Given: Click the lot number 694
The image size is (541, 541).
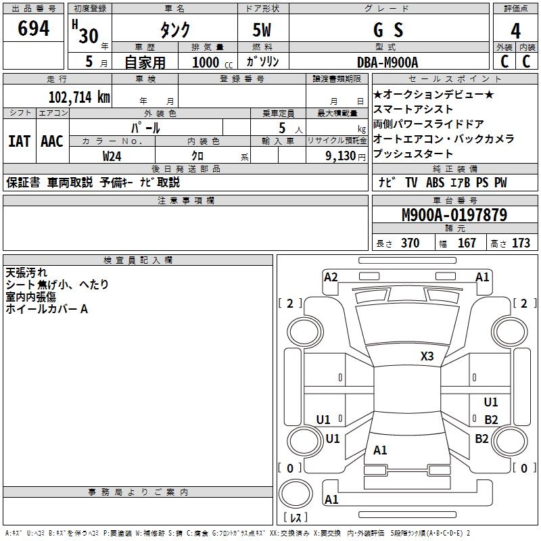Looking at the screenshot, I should click(34, 29).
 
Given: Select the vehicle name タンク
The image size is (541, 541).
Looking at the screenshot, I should click(174, 30).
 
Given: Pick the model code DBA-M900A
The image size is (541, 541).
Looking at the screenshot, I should click(387, 62).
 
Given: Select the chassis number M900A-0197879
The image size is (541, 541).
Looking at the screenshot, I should click(454, 216).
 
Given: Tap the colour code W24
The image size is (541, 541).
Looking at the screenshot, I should click(112, 156).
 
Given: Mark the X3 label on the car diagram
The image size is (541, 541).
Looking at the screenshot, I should click(427, 356).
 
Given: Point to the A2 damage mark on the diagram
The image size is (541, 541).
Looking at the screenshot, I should click(331, 277).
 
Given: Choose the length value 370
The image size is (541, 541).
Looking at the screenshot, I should click(410, 243).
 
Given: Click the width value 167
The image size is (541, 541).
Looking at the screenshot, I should click(467, 243).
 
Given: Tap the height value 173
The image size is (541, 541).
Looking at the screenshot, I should click(521, 243).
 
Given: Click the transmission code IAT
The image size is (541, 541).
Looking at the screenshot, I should click(19, 141).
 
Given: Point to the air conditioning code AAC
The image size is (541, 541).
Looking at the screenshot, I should click(52, 141).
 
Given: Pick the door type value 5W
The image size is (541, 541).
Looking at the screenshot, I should click(262, 30).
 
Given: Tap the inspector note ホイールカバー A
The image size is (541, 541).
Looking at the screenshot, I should click(47, 309).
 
